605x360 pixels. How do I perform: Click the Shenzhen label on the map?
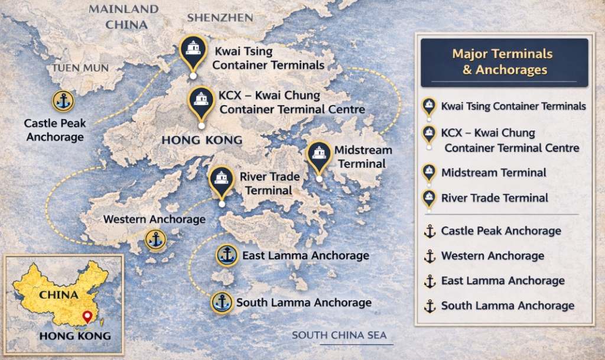pyautogui.click(x=220, y=18)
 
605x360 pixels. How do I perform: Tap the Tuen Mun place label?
pyautogui.click(x=80, y=68)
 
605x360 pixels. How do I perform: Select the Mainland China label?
pyautogui.click(x=123, y=17)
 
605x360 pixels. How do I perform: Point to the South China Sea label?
pyautogui.click(x=339, y=335)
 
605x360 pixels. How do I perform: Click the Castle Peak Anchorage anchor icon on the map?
pyautogui.click(x=63, y=102)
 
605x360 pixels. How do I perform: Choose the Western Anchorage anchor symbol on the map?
pyautogui.click(x=155, y=240)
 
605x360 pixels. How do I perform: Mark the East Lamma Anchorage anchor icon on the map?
pyautogui.click(x=227, y=255)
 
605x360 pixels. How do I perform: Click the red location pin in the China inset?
pyautogui.click(x=88, y=317)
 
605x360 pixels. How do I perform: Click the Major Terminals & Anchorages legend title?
pyautogui.click(x=502, y=61)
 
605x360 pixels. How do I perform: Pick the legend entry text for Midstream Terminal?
pyautogui.click(x=493, y=173)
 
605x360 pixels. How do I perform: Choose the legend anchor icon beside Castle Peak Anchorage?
pyautogui.click(x=430, y=231)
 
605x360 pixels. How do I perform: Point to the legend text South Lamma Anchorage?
pyautogui.click(x=508, y=306)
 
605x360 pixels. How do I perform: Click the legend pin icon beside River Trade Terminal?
pyautogui.click(x=429, y=198)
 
